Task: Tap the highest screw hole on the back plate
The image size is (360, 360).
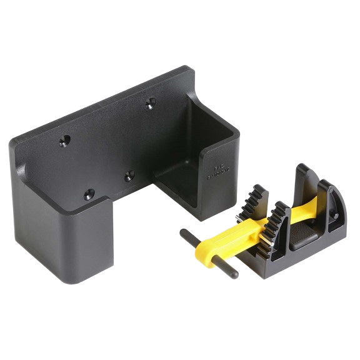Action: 150,104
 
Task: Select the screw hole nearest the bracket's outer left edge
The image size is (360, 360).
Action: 64,142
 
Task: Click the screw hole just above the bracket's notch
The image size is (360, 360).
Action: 129,176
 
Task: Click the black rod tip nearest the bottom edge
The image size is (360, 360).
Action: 233,275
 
